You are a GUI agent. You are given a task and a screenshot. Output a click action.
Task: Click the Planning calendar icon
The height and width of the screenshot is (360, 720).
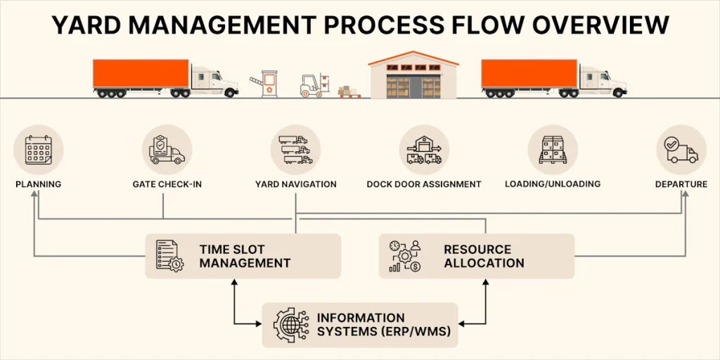(x=39, y=150)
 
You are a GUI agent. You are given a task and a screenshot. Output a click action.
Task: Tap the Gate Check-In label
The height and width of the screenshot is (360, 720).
(x=163, y=184)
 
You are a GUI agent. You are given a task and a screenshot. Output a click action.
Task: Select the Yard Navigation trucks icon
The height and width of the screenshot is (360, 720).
(x=295, y=150)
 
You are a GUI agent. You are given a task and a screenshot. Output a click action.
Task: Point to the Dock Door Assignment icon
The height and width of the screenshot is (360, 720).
(x=424, y=150)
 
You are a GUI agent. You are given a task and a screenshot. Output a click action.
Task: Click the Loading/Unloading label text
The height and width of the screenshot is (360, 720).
(x=553, y=184)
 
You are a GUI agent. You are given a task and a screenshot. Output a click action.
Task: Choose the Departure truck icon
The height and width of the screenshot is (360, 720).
(x=681, y=150)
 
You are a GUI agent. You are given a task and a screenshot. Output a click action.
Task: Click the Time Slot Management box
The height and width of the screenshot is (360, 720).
(x=243, y=256)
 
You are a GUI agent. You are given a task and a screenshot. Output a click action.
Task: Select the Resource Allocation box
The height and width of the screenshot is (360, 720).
(x=477, y=256)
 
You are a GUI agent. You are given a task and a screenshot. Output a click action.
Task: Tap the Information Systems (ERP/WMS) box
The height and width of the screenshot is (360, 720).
(x=360, y=325)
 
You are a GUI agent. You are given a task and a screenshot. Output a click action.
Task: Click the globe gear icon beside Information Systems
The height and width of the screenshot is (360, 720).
(x=290, y=325)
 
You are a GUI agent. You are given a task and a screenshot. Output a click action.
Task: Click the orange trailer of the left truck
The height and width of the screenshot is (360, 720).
(x=141, y=73)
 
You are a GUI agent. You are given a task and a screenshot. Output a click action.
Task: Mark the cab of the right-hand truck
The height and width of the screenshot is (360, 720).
(x=601, y=81)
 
